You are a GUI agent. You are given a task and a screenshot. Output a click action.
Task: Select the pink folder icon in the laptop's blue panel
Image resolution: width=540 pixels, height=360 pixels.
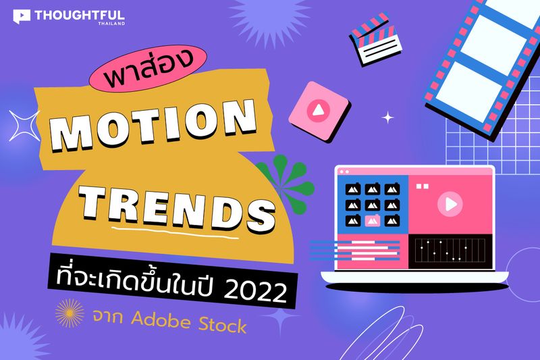tap(372, 220)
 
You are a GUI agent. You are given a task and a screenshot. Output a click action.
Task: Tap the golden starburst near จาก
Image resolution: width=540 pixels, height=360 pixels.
tap(70, 315)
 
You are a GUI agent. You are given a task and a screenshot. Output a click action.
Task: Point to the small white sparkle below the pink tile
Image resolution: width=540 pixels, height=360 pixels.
tap(387, 118)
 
